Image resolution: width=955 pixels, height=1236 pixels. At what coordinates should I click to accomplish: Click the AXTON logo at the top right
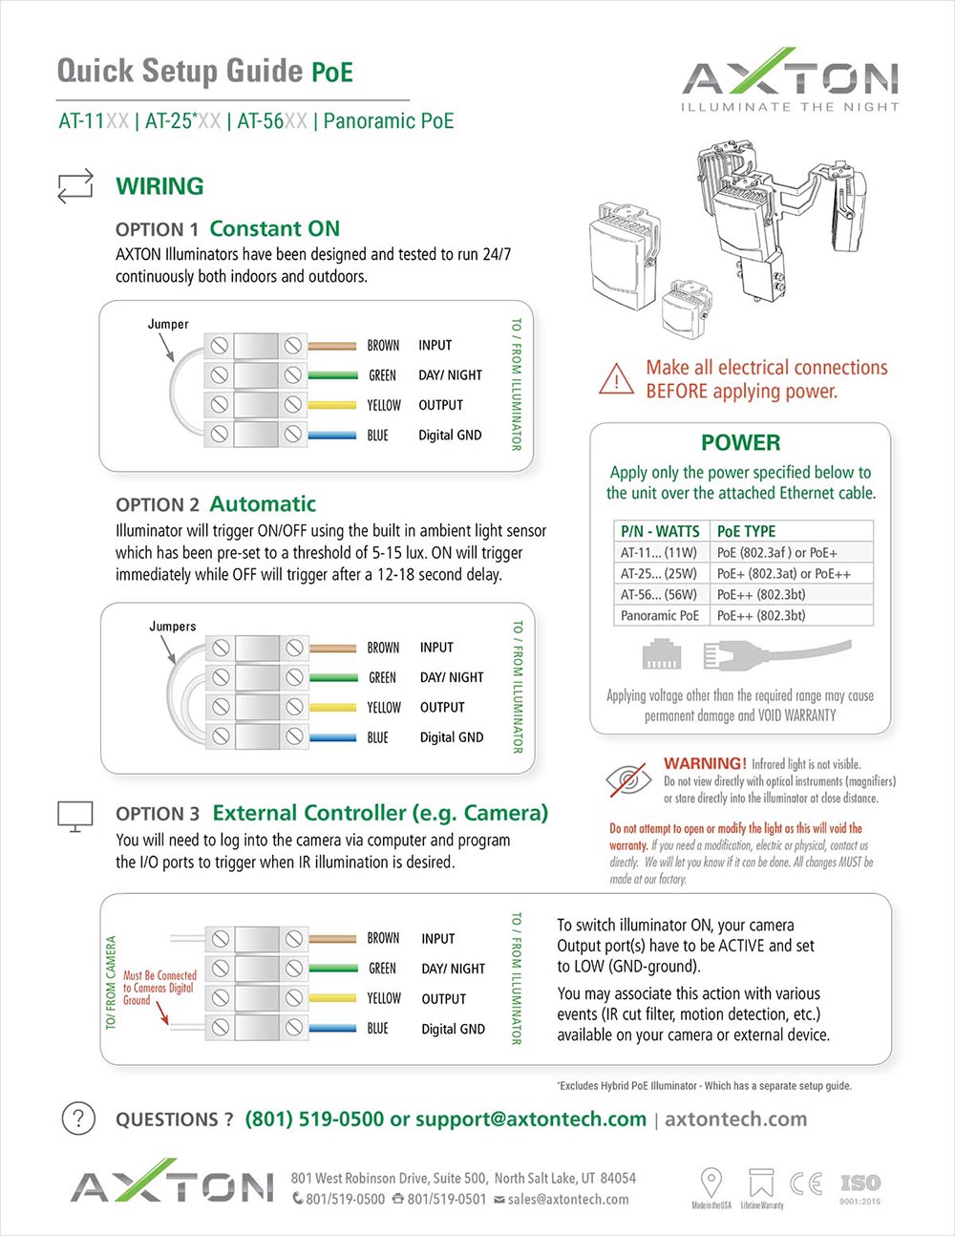[x=790, y=78]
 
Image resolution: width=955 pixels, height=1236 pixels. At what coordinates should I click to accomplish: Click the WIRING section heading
[x=159, y=186]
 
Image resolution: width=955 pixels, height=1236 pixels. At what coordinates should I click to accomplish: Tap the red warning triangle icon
[x=617, y=378]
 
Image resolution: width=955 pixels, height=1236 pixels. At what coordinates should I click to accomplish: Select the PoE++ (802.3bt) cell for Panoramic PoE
[x=761, y=616]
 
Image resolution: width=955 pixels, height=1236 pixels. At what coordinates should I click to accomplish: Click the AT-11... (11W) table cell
[x=659, y=553]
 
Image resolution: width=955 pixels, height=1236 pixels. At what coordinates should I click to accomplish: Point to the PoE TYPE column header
[x=746, y=531]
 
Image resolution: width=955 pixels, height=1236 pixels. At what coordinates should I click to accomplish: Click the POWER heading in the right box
[x=740, y=442]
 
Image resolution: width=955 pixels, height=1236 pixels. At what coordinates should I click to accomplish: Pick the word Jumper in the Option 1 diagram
[x=168, y=324]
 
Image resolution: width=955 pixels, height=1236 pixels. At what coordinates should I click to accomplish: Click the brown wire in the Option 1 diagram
[x=332, y=346]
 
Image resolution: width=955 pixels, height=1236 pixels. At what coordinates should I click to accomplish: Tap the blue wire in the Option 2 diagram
[x=332, y=737]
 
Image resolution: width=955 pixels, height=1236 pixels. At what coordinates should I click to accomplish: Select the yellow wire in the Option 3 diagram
[x=332, y=998]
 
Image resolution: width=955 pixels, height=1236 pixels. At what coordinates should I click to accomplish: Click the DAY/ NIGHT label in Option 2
[x=452, y=677]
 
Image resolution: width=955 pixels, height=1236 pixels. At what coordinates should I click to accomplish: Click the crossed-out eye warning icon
[x=629, y=780]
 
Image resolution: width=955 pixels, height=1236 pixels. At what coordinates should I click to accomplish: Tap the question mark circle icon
[x=78, y=1119]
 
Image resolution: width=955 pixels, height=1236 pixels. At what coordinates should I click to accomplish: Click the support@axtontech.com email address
[x=531, y=1119]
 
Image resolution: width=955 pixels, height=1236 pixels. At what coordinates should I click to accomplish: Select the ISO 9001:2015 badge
[x=859, y=1187]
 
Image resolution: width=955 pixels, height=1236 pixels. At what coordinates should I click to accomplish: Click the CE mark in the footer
[x=806, y=1183]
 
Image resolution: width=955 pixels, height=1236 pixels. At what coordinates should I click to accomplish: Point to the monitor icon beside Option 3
[x=75, y=815]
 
